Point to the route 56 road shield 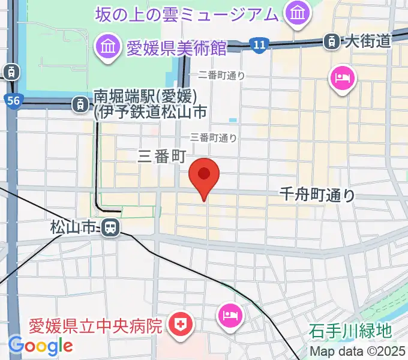coord(14,100)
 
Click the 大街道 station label coord(367,41)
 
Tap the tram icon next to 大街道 coord(331,41)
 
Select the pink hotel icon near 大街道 coord(342,79)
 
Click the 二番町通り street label coord(221,76)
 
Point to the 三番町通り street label coord(214,137)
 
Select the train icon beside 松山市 coord(109,227)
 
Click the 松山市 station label coord(73,227)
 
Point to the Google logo coord(41,345)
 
